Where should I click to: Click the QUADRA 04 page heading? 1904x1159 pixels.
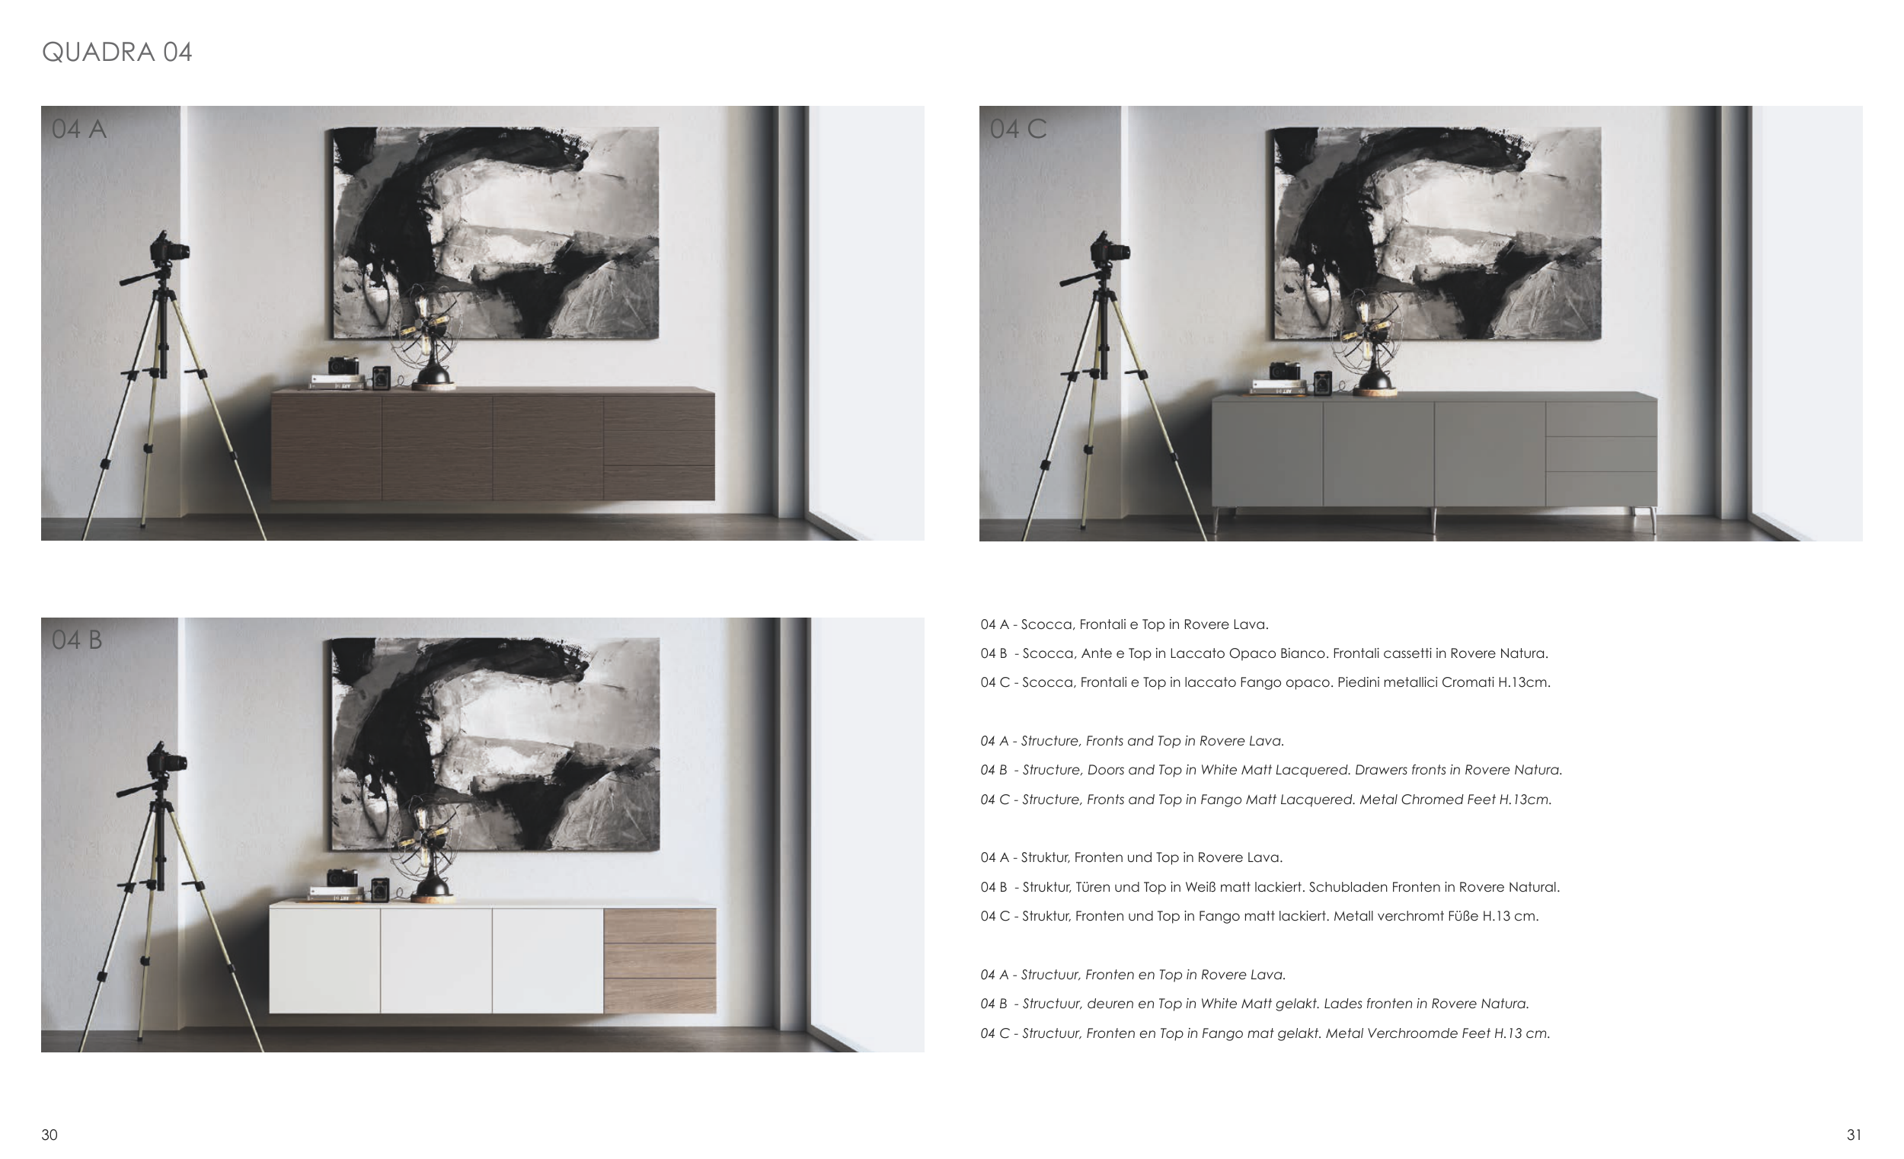117,52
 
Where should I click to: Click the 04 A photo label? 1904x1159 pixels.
78,128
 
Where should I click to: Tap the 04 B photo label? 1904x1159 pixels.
76,640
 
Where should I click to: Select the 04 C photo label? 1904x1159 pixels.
1017,128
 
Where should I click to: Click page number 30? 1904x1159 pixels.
50,1135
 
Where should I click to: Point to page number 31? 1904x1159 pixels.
1854,1135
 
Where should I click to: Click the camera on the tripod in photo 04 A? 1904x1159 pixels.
170,249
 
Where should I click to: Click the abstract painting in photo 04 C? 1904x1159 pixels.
1436,233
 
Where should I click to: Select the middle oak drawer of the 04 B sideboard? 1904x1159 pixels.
659,961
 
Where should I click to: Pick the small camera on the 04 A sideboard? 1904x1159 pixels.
343,366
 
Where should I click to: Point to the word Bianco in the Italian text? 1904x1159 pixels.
1302,653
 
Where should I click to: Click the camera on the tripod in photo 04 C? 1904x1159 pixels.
1110,249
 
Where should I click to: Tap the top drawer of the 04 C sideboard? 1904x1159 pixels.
1601,420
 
